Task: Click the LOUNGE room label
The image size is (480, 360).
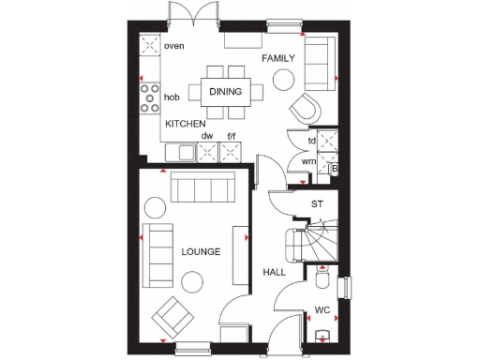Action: [x=201, y=252]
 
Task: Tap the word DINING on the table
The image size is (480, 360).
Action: [x=225, y=92]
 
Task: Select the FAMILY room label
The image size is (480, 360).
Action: [x=278, y=58]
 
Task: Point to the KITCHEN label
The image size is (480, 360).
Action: [x=186, y=124]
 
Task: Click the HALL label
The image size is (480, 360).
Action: [x=274, y=272]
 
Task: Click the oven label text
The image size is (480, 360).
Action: [x=173, y=45]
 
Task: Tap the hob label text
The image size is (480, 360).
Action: [x=172, y=97]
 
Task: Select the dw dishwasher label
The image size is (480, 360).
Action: [x=207, y=136]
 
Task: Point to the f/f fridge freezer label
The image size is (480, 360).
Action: [x=231, y=136]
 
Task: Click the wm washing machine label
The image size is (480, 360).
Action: [x=307, y=161]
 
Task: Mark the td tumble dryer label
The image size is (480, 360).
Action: [x=311, y=141]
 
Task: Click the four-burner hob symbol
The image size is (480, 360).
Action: [x=148, y=96]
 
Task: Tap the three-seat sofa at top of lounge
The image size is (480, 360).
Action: [x=202, y=190]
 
